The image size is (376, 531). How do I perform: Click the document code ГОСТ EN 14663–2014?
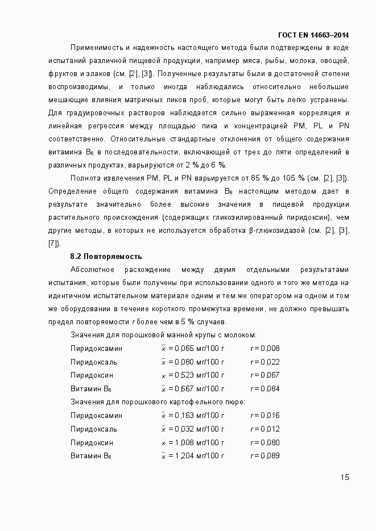[x=313, y=35]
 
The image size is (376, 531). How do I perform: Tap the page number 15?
[x=345, y=477]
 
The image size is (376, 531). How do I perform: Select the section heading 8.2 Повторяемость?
[x=106, y=257]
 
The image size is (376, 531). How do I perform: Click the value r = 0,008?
[x=265, y=348]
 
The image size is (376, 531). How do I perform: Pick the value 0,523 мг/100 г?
[x=193, y=375]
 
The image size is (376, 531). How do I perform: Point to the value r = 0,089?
[x=265, y=456]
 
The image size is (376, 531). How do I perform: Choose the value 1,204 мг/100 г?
[x=193, y=456]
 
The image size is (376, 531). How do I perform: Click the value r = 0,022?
[x=265, y=362]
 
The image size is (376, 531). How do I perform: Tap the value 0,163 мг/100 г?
[x=193, y=416]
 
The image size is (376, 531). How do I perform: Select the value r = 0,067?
[x=265, y=375]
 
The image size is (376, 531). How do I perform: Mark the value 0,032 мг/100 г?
[x=193, y=429]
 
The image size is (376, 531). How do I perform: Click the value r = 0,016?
[x=265, y=416]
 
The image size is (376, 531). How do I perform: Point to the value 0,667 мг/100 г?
[x=193, y=389]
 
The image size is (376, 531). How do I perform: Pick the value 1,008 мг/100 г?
[x=193, y=443]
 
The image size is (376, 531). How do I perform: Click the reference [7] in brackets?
[x=53, y=244]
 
